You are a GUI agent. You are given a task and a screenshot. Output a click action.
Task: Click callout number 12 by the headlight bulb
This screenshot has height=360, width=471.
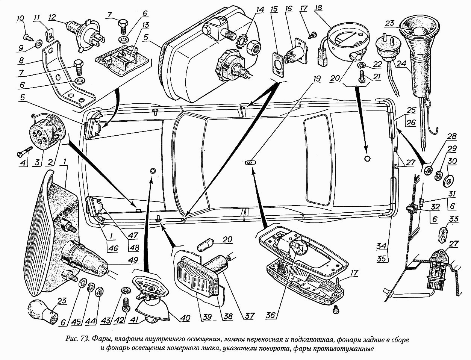53,17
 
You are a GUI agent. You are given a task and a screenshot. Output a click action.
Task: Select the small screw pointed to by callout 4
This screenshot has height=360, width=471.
24,151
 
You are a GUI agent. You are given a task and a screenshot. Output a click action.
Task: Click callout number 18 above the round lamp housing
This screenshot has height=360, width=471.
319,8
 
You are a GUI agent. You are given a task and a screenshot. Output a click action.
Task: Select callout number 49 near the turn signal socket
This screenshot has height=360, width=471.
131,260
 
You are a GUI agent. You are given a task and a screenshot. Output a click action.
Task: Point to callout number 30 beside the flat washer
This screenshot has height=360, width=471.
452,161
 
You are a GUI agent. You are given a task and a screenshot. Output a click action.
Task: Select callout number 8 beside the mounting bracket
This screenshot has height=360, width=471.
21,61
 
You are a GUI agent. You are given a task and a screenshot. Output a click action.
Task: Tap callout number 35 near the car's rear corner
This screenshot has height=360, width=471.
382,259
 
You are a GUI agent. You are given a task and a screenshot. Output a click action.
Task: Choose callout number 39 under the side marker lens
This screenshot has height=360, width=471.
207,317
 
